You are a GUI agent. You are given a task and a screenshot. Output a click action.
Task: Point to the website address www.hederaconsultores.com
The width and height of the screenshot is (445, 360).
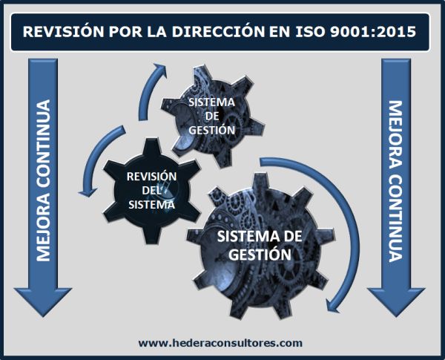[221, 342]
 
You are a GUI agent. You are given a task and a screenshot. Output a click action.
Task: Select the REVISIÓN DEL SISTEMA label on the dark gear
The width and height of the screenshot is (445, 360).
[151, 190]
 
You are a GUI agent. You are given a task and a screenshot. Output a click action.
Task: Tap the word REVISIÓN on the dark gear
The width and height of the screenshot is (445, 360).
[151, 176]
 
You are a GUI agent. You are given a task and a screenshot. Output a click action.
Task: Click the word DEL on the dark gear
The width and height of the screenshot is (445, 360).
[151, 190]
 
